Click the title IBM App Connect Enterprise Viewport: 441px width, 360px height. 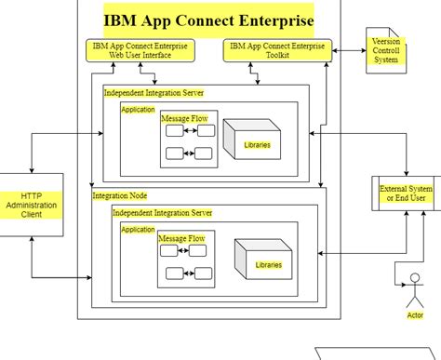click(x=208, y=18)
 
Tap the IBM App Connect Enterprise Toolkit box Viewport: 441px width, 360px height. click(x=277, y=50)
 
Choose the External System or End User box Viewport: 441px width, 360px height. click(x=406, y=194)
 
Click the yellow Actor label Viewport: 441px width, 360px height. click(x=415, y=315)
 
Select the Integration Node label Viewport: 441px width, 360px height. click(x=122, y=195)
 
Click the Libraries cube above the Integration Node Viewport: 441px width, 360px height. click(x=253, y=140)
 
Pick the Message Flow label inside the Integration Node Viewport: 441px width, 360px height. click(x=181, y=239)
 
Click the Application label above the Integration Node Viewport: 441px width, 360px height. click(x=138, y=110)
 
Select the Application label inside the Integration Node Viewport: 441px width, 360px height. click(x=138, y=230)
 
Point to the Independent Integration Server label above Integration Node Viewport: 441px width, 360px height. click(x=154, y=93)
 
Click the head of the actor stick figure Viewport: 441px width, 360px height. click(x=415, y=277)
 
